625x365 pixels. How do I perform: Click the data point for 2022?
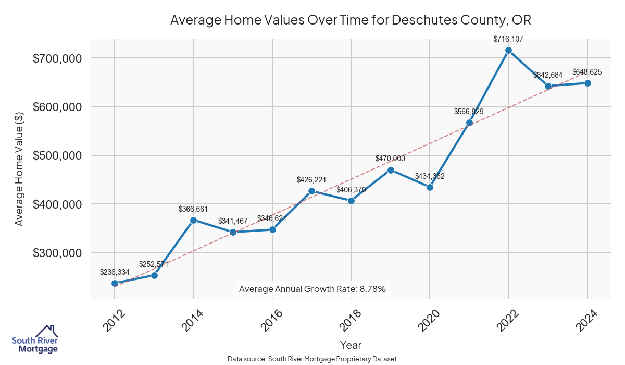click(509, 51)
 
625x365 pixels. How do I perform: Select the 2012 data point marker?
click(115, 283)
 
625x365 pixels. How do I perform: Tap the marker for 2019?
click(391, 170)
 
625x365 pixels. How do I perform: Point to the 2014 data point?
click(193, 220)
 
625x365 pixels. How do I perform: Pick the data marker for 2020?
click(430, 187)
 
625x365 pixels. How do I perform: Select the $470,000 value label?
click(390, 159)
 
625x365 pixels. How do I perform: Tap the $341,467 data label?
click(233, 221)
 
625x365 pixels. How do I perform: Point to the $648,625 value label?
click(587, 72)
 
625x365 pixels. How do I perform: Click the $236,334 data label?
click(115, 272)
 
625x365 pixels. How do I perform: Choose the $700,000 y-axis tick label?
click(57, 58)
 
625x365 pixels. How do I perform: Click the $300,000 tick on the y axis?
click(57, 253)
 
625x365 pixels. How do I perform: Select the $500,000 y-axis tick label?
click(57, 156)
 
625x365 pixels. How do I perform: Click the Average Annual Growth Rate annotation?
click(312, 289)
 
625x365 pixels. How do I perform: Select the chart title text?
click(350, 20)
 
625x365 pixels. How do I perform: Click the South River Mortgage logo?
click(35, 339)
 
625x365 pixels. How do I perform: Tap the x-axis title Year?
click(351, 345)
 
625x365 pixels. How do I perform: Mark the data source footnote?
click(312, 359)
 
